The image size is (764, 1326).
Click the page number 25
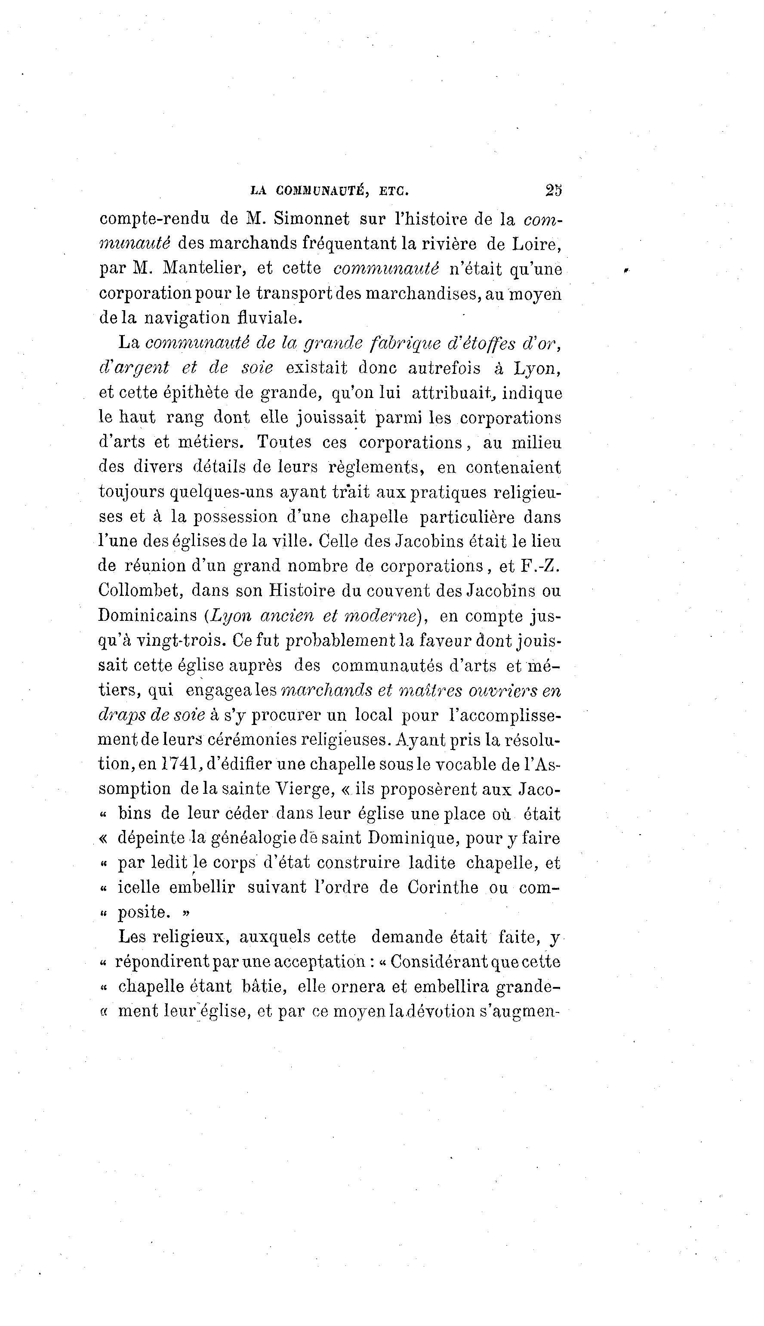pos(554,190)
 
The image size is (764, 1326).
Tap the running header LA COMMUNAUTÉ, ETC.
pos(330,191)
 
